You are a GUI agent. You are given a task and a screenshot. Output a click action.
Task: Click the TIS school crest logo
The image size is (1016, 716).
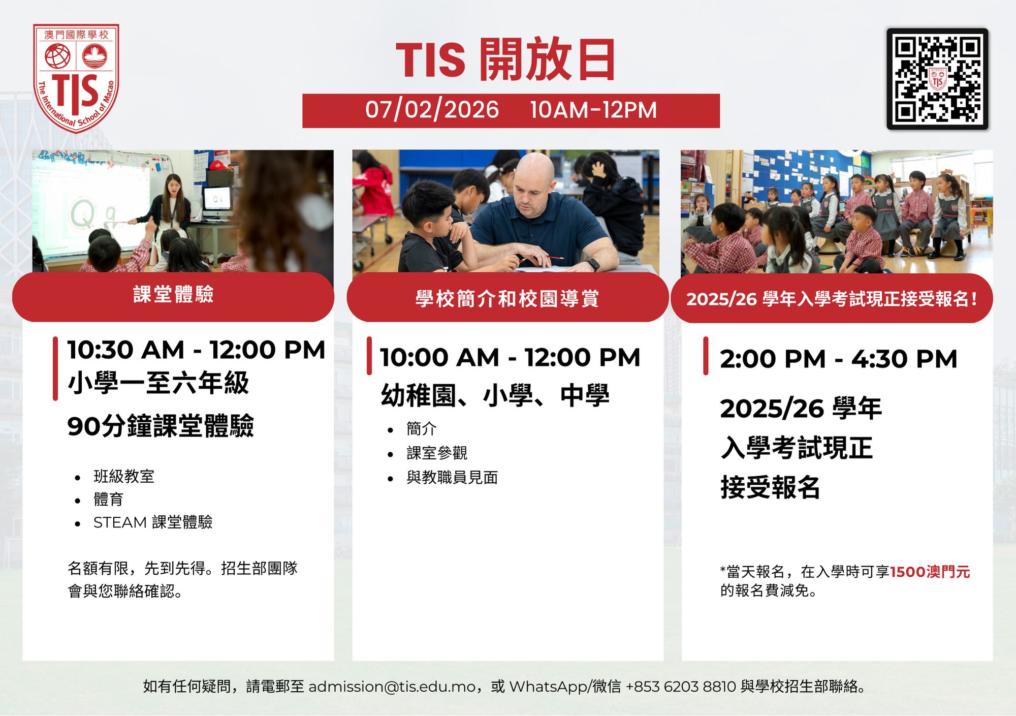pos(76,78)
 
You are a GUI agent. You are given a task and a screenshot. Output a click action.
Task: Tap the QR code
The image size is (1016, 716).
pos(937,79)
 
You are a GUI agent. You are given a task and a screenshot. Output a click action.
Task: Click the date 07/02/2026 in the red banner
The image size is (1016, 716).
pos(432,110)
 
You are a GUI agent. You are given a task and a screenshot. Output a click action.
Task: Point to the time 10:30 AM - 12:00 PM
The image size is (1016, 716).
pos(196,350)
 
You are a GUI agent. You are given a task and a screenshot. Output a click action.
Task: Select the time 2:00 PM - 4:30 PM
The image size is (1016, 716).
pos(838,359)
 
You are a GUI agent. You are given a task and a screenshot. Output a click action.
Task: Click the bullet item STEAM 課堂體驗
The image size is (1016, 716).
pos(153,522)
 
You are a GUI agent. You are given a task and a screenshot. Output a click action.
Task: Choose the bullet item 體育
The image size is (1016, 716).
pos(109,500)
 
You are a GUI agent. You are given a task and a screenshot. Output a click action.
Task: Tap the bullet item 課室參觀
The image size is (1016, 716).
pos(437,453)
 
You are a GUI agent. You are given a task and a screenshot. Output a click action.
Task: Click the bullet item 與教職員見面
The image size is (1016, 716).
pos(452,478)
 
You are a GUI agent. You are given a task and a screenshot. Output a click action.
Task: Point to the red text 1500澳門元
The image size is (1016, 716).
pos(930,572)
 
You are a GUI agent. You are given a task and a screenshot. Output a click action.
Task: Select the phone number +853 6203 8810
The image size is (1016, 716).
pos(681,687)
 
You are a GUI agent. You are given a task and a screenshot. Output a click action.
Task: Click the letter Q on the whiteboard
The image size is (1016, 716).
pos(82,214)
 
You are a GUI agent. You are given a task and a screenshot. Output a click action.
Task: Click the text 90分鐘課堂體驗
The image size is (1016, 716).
pos(161,426)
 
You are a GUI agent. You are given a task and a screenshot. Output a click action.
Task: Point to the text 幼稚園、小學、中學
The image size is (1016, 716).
pos(495,395)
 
